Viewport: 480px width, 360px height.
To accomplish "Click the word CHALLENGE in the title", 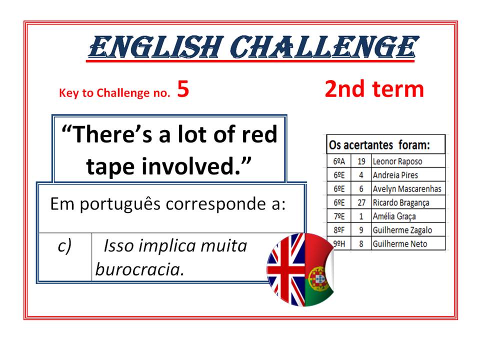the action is coord(324,47).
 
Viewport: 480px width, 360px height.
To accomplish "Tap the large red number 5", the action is coord(183,89).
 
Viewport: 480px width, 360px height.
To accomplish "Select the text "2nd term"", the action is coord(374,89).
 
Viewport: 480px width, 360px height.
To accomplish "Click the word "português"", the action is coord(120,204).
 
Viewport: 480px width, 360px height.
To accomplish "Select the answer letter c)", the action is coord(64,246).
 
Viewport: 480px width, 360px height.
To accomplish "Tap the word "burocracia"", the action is coord(139,269).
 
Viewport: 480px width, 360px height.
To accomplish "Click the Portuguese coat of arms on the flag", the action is coord(317,278).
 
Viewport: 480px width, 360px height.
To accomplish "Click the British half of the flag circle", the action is coord(286,270).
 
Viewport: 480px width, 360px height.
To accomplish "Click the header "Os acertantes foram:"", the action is coord(379,145).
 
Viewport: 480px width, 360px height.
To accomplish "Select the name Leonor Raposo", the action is coord(397,161).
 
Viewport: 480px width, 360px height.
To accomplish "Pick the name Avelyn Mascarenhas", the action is coord(407,189).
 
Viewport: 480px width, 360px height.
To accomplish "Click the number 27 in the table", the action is coord(361,202).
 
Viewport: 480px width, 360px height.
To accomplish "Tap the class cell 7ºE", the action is coord(339,216).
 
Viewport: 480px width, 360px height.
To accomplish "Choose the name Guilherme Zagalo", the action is coord(402,230).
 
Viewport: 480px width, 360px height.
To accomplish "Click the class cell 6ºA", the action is coord(339,161).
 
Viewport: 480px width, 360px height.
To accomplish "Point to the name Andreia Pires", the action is coord(395,175).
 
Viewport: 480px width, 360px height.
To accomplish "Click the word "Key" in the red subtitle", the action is coord(69,93).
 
